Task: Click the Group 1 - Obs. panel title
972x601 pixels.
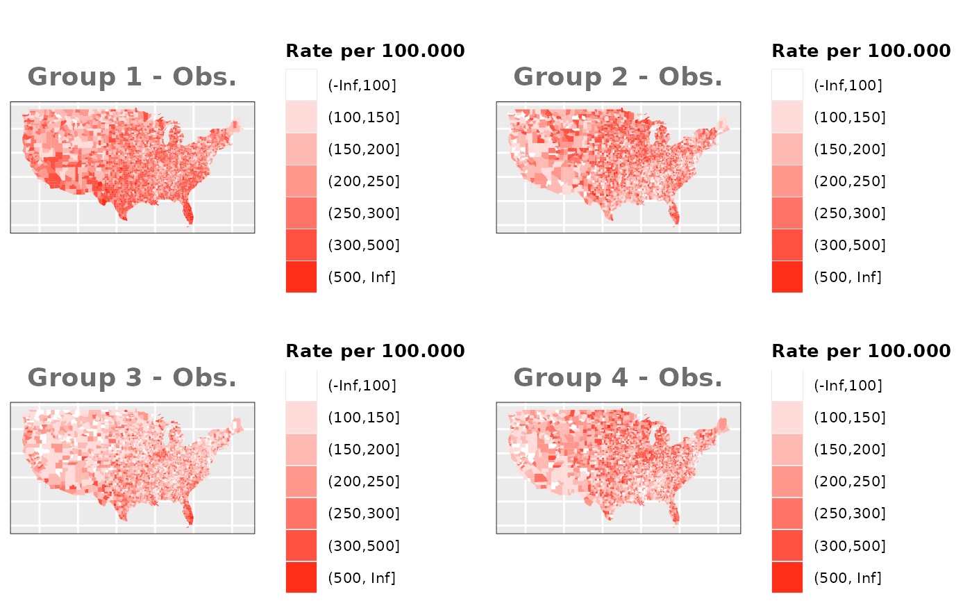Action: tap(132, 77)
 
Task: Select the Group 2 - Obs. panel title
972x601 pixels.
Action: tap(618, 77)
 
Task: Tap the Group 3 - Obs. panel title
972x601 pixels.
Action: tap(132, 377)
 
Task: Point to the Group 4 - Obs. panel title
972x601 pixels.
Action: tap(618, 377)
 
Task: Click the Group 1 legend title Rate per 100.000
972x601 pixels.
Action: tap(375, 51)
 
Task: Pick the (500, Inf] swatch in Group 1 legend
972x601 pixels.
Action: tap(301, 277)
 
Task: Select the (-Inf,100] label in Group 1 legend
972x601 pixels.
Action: tap(362, 85)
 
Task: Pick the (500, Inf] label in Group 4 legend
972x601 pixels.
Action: tap(847, 577)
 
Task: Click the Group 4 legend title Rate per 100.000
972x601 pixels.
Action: tap(861, 351)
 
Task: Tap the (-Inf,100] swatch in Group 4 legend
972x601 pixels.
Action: tap(787, 386)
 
